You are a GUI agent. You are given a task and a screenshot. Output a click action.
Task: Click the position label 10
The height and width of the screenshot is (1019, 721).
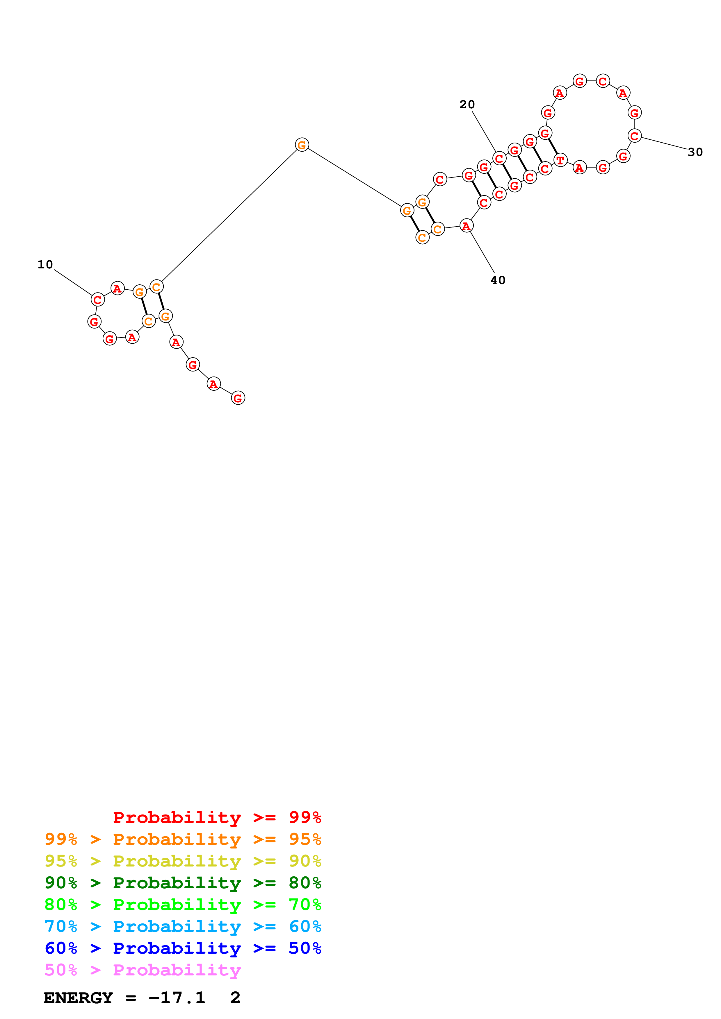[45, 265]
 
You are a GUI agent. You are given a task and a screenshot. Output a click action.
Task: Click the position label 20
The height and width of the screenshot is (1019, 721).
[467, 105]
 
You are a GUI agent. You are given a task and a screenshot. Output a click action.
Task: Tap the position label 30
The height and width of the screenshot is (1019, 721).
[695, 152]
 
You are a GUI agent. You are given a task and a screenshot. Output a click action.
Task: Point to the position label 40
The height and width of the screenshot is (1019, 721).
[498, 281]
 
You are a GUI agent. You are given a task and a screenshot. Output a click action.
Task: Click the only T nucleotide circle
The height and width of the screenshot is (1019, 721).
[560, 160]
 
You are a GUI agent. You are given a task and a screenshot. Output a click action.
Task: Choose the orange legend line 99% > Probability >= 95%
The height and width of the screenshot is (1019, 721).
[183, 839]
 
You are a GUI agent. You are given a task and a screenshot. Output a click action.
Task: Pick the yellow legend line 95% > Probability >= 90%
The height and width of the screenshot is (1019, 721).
[183, 861]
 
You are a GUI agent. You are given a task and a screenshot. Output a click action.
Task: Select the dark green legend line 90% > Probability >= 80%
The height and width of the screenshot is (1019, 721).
[183, 883]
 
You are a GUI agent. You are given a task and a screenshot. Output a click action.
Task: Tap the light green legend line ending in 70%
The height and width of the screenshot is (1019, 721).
[183, 905]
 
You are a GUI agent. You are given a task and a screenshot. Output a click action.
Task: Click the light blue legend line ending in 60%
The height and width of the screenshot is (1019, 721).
[183, 926]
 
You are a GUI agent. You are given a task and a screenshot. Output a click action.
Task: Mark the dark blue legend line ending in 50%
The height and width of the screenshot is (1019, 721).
[183, 948]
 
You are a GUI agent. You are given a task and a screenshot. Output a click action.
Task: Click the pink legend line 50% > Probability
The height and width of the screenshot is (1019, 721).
[143, 970]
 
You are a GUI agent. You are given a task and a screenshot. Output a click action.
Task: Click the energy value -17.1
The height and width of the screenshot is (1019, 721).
[177, 998]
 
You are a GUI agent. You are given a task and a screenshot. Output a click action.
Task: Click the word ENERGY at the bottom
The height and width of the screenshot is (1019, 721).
[78, 998]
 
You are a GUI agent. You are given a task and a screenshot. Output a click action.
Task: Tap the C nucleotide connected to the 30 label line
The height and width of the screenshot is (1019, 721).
[634, 136]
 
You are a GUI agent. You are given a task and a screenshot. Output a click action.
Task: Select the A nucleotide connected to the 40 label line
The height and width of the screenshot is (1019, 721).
[466, 226]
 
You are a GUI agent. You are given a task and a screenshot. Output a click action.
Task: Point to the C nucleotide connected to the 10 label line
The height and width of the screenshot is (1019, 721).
[97, 299]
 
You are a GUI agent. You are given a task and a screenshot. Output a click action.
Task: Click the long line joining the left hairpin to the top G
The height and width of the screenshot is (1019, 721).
[229, 216]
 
